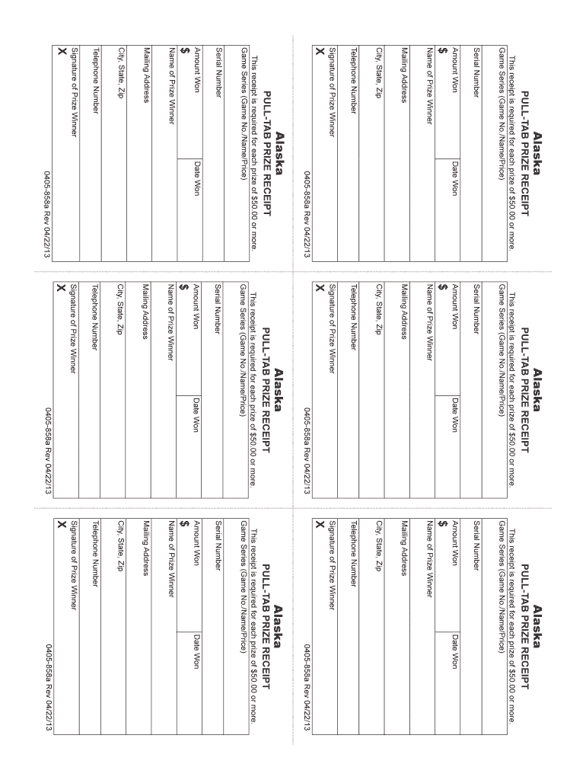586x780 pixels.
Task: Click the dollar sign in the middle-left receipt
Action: tap(184, 286)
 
